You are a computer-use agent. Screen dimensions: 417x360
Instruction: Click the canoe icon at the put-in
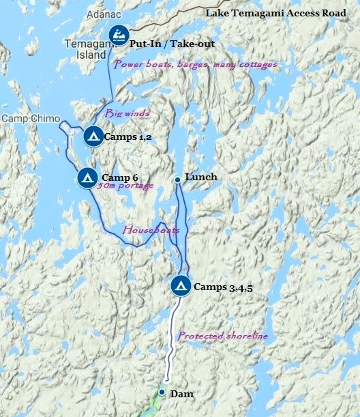pyautogui.click(x=119, y=37)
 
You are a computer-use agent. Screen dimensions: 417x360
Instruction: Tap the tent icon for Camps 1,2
pyautogui.click(x=93, y=136)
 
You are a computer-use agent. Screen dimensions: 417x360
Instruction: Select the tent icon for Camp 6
pyautogui.click(x=87, y=177)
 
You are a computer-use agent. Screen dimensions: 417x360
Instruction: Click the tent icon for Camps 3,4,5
pyautogui.click(x=181, y=286)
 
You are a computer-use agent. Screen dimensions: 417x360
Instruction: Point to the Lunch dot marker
pyautogui.click(x=177, y=179)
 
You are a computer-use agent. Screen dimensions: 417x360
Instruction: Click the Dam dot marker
pyautogui.click(x=162, y=392)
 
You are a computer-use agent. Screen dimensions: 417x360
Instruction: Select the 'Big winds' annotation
pyautogui.click(x=126, y=113)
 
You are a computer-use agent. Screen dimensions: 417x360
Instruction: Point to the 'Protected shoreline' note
pyautogui.click(x=222, y=336)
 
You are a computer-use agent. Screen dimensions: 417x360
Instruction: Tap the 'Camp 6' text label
pyautogui.click(x=120, y=177)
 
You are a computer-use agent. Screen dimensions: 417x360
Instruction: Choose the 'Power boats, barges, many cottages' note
pyautogui.click(x=195, y=64)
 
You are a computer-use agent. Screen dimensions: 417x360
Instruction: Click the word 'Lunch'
pyautogui.click(x=200, y=177)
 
